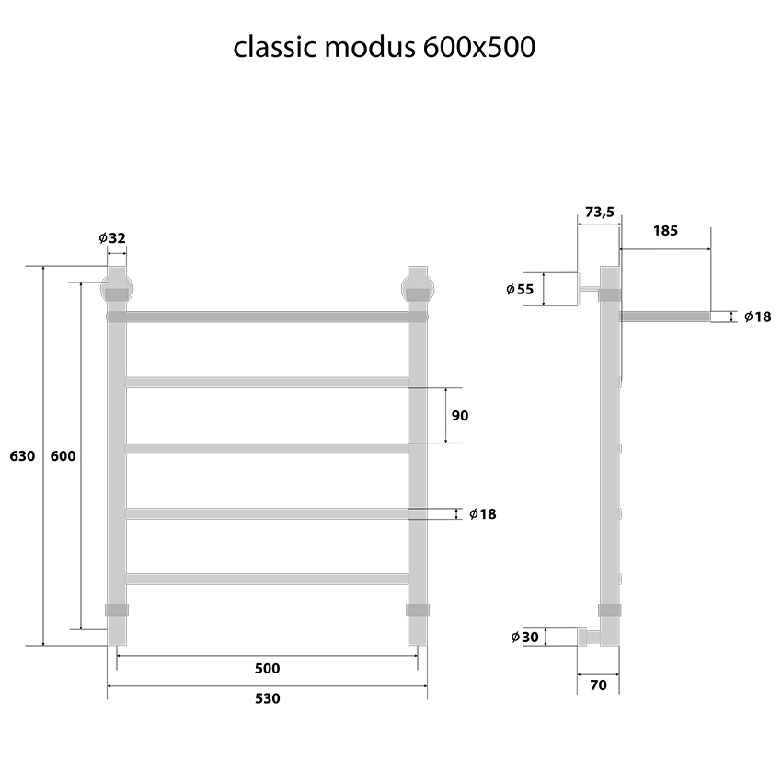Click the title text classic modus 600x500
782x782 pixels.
[x=384, y=47]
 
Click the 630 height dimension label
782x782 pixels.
[x=22, y=456]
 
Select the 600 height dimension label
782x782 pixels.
[x=63, y=456]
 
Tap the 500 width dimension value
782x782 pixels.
[x=267, y=669]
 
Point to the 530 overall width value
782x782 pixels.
[x=267, y=698]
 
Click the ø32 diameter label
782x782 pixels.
[x=112, y=238]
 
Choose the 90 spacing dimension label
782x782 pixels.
[x=460, y=416]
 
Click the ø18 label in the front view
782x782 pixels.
[x=482, y=514]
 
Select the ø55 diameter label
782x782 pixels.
[x=520, y=289]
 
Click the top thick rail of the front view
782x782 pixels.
[x=267, y=316]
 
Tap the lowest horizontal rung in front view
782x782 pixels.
[x=267, y=579]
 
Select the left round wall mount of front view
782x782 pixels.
[x=116, y=286]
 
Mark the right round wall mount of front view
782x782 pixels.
[x=417, y=286]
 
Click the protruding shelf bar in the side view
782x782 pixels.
[x=664, y=316]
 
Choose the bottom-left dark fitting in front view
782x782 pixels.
[x=117, y=610]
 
